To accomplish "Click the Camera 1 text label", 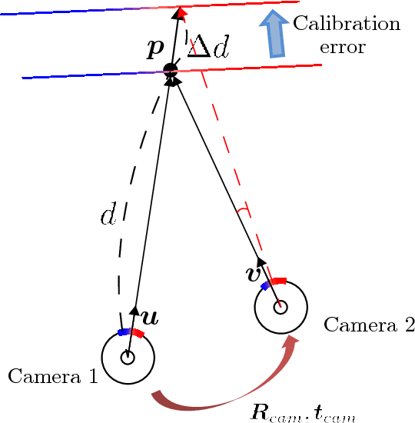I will click(52, 376).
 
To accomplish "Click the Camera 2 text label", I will click(369, 325).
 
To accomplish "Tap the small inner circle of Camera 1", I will click(128, 358).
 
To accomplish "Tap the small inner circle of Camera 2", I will click(281, 308).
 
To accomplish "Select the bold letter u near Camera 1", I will click(150, 317).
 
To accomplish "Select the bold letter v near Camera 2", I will click(253, 273).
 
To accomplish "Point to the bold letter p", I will click(155, 48).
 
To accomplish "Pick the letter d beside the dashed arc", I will click(108, 215).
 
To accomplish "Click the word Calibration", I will click(347, 23).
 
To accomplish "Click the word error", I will click(342, 47).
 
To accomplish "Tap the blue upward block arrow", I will click(273, 34).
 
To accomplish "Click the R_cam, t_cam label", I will click(303, 413).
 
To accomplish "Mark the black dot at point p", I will click(171, 70).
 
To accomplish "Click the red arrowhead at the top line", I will click(181, 12).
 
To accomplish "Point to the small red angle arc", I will click(244, 209).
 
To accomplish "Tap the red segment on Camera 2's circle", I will click(278, 281).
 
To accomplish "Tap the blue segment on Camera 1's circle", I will click(123, 332).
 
